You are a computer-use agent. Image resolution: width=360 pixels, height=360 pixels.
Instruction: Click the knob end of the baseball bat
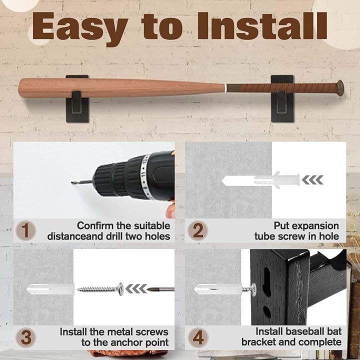coord(340,88)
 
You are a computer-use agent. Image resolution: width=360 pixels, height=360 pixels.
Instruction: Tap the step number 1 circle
coord(25,230)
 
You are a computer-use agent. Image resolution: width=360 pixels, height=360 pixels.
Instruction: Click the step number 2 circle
coord(197,230)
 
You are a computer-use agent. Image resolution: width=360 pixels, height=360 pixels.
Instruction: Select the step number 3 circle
coord(25,337)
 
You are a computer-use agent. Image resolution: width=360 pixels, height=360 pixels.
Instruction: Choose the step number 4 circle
coord(198,337)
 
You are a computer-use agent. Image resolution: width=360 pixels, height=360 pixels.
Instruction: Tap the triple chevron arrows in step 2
coord(312,180)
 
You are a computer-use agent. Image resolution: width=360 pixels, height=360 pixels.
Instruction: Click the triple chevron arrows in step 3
coord(136,288)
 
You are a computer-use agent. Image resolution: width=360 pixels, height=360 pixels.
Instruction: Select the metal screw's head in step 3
coord(121,289)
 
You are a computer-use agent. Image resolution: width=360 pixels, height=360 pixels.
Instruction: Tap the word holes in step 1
coord(157,236)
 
